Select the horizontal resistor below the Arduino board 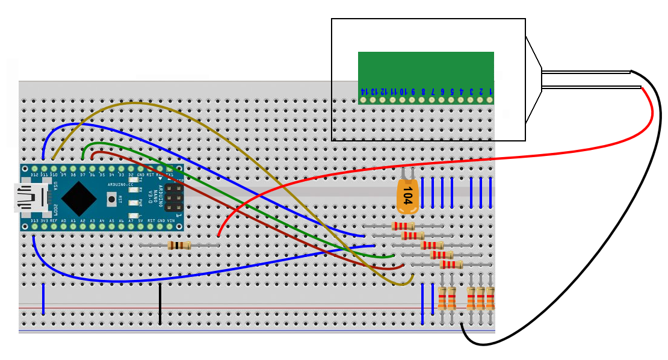point(179,245)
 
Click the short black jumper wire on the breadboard point(160,304)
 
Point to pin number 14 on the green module point(363,92)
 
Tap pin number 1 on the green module point(490,92)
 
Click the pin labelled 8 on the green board point(423,92)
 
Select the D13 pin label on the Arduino point(34,221)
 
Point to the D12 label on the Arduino point(35,175)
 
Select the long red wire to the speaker point(421,161)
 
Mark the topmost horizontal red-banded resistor point(403,226)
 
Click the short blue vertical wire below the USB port point(43,299)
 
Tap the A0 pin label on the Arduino point(64,221)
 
